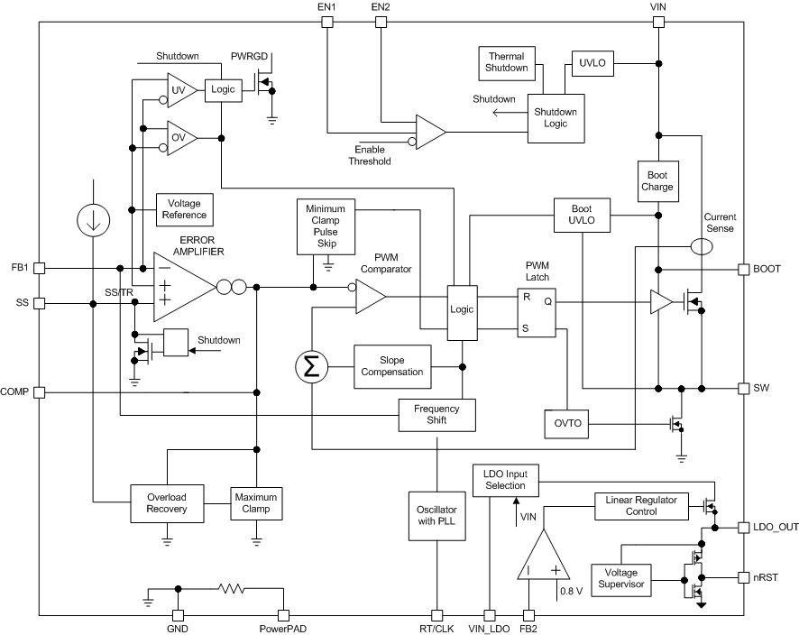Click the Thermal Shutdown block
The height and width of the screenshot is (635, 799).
(x=506, y=62)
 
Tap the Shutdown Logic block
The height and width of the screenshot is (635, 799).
(x=556, y=117)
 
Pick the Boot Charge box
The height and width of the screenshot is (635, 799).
(x=657, y=180)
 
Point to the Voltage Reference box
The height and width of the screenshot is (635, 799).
(x=184, y=209)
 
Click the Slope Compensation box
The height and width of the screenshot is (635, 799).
(x=392, y=366)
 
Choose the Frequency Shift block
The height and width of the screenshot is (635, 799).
(x=436, y=415)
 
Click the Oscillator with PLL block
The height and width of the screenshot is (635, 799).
(x=436, y=515)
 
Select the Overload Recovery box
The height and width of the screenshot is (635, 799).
(x=166, y=502)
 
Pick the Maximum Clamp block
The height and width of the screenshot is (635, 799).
(x=256, y=502)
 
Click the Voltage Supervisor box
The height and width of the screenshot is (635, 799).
(x=621, y=579)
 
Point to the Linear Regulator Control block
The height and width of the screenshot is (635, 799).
(x=641, y=506)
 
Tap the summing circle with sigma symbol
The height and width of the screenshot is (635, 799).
(x=312, y=365)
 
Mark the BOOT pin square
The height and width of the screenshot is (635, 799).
(x=744, y=269)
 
